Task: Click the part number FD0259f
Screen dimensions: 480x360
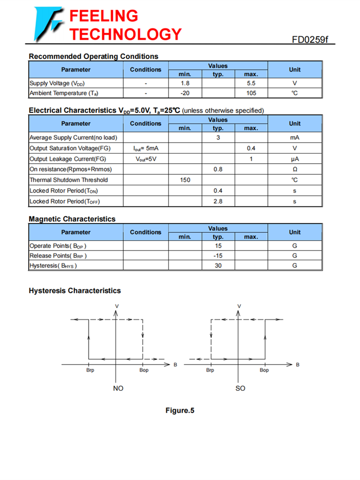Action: click(312, 39)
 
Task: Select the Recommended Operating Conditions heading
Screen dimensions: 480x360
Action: click(93, 57)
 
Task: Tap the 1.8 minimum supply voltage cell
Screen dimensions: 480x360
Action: click(185, 83)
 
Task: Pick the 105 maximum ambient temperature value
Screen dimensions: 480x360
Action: click(251, 93)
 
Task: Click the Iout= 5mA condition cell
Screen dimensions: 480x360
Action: click(145, 148)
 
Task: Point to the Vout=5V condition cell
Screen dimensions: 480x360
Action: click(145, 159)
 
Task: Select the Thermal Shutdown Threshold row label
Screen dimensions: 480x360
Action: click(69, 180)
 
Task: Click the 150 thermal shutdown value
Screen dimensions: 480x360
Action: click(185, 180)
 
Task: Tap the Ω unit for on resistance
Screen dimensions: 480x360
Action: click(295, 169)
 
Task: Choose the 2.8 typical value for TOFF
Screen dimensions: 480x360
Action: click(218, 201)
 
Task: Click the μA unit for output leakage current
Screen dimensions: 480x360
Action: click(295, 159)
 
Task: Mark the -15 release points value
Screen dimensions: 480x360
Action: click(218, 256)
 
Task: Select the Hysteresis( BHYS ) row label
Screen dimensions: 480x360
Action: click(53, 266)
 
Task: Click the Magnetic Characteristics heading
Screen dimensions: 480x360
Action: click(72, 219)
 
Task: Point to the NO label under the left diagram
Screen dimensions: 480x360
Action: click(118, 388)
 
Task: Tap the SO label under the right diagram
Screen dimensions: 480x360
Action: click(240, 388)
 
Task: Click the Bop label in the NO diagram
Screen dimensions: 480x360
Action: click(144, 371)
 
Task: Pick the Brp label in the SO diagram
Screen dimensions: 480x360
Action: click(210, 371)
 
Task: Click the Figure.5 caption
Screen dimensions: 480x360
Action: click(180, 410)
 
